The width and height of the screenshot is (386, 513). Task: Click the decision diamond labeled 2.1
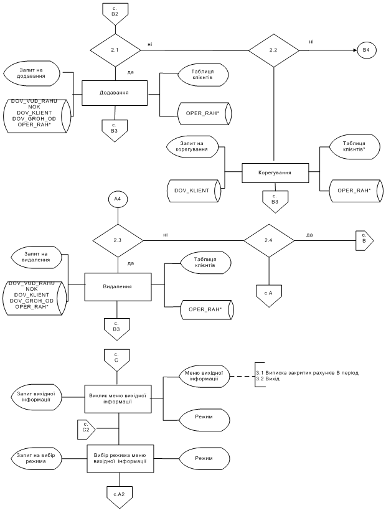116,49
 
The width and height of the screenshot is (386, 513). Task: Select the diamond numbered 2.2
275,49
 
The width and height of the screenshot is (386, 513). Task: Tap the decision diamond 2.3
117,240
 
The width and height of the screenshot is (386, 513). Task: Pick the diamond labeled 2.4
268,240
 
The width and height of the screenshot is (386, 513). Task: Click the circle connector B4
365,49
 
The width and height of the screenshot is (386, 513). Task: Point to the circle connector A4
116,200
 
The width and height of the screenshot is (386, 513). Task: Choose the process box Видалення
117,288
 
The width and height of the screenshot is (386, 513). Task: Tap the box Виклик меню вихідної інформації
119,398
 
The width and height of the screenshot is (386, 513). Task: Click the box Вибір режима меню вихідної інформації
120,458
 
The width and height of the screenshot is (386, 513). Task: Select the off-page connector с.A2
120,493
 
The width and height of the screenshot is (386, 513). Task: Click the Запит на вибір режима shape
40,458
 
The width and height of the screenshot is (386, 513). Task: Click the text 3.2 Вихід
270,379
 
